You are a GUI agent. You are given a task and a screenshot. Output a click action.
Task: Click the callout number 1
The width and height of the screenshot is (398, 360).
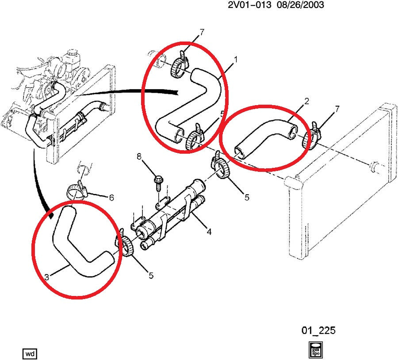point(236,59)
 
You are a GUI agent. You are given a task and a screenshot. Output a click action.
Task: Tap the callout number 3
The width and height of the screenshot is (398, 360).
point(46,277)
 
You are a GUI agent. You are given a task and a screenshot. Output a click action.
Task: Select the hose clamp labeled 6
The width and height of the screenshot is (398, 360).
point(78,190)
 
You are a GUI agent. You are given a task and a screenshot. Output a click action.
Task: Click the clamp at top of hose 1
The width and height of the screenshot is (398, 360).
point(177,66)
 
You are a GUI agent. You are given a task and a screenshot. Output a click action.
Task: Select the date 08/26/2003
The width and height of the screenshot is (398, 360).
point(302,5)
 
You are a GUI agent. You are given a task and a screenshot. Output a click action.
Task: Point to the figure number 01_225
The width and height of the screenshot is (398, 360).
point(318,330)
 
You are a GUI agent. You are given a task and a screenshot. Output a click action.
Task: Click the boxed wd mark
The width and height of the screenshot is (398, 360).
point(30,353)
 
